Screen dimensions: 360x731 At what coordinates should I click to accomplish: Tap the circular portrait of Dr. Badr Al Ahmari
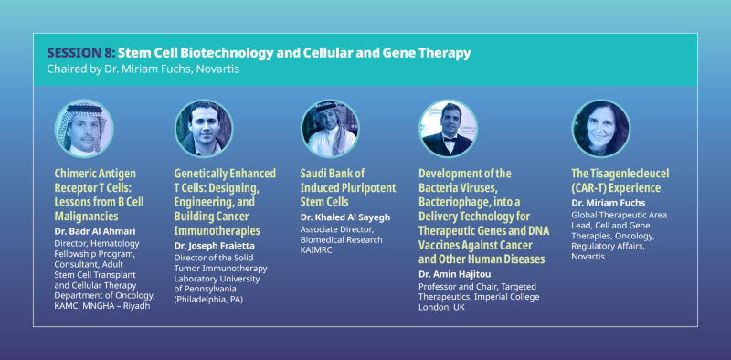click(84, 129)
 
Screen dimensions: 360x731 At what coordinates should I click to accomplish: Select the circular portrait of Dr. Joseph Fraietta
click(204, 129)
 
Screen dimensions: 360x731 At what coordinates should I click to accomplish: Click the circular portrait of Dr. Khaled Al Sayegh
click(330, 129)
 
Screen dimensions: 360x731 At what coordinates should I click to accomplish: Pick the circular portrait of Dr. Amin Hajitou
click(449, 129)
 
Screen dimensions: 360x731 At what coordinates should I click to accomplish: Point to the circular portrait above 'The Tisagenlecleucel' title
click(600, 129)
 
